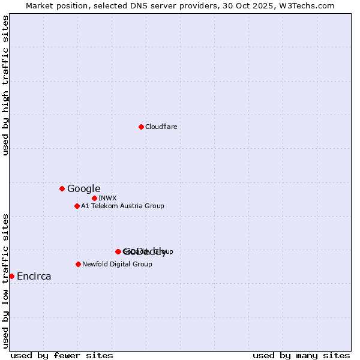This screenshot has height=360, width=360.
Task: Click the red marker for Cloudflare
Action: click(x=141, y=127)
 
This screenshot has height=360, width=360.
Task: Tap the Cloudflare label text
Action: click(x=161, y=127)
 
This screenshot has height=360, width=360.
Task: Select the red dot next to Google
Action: click(x=62, y=188)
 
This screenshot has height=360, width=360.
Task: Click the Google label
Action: click(x=83, y=188)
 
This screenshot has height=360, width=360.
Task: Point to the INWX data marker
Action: click(x=94, y=198)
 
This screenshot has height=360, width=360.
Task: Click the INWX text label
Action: click(x=107, y=198)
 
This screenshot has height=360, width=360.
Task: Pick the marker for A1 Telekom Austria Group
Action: click(x=77, y=206)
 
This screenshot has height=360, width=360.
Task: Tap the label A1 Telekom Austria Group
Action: click(x=122, y=206)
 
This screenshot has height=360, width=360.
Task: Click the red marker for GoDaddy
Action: click(x=118, y=251)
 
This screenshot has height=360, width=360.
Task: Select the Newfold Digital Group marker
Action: click(x=78, y=264)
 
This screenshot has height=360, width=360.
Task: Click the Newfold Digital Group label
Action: click(x=117, y=264)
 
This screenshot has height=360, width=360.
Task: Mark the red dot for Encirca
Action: click(x=11, y=276)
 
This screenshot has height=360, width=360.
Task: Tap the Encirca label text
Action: click(x=34, y=276)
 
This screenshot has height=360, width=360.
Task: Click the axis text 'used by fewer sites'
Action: click(x=62, y=355)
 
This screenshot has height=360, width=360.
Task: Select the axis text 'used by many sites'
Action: click(x=301, y=355)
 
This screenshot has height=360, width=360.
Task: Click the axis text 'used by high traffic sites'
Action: click(x=6, y=85)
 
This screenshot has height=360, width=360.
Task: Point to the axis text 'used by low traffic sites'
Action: click(x=6, y=281)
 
